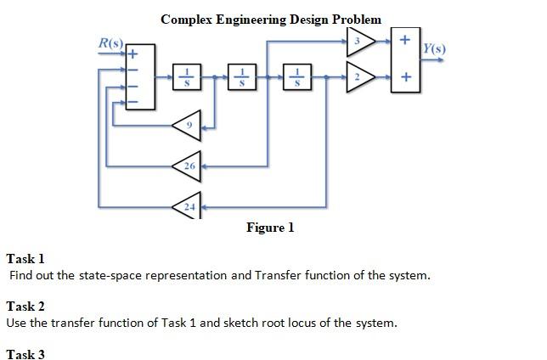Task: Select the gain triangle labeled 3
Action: (x=360, y=42)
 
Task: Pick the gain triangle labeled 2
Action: (x=360, y=77)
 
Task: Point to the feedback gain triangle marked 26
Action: (x=187, y=166)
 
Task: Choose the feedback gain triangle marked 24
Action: (x=187, y=206)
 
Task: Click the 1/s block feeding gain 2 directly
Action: (x=297, y=77)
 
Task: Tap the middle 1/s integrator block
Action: (x=243, y=77)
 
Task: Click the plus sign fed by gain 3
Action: (x=406, y=41)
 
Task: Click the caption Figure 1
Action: (x=270, y=228)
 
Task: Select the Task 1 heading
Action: (x=25, y=258)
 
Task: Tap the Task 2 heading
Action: (x=25, y=307)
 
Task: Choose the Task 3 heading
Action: (x=25, y=354)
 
